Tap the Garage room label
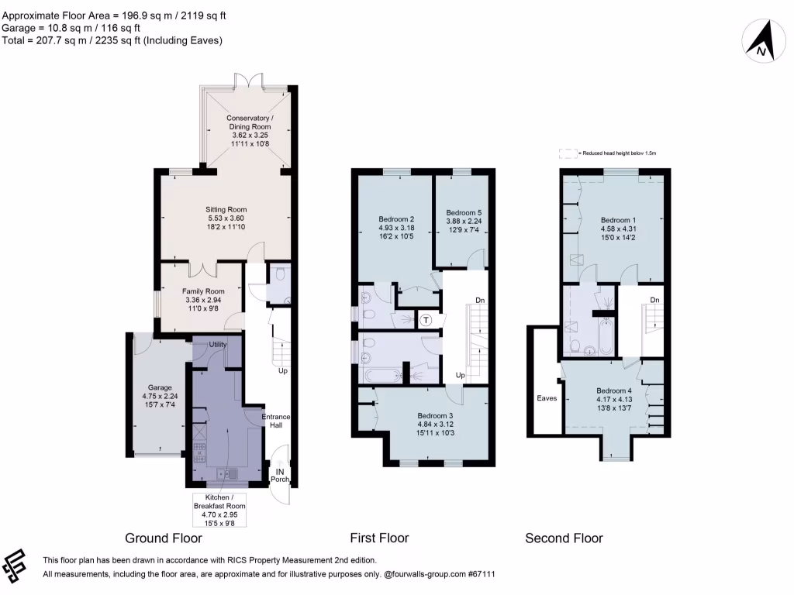tap(156, 396)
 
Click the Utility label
tap(217, 344)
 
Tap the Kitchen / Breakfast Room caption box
tap(219, 509)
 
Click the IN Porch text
tap(280, 474)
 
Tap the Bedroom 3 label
tap(436, 425)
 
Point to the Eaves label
tap(547, 398)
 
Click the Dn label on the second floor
tap(654, 300)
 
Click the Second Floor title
tap(564, 538)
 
